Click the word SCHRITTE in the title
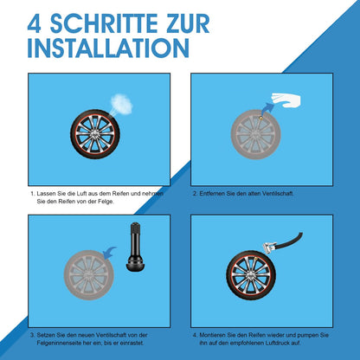tap(104, 23)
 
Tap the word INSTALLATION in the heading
tap(108, 48)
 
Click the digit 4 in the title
tap(35, 23)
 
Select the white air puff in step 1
tap(121, 103)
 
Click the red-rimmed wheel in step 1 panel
tap(95, 134)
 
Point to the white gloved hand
tap(286, 100)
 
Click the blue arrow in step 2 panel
tap(267, 109)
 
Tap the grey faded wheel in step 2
tap(256, 135)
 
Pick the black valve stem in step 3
tap(135, 247)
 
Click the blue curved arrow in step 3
tap(110, 253)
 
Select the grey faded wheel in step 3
tap(89, 275)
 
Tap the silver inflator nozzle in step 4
tap(269, 247)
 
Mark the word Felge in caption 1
tap(106, 202)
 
